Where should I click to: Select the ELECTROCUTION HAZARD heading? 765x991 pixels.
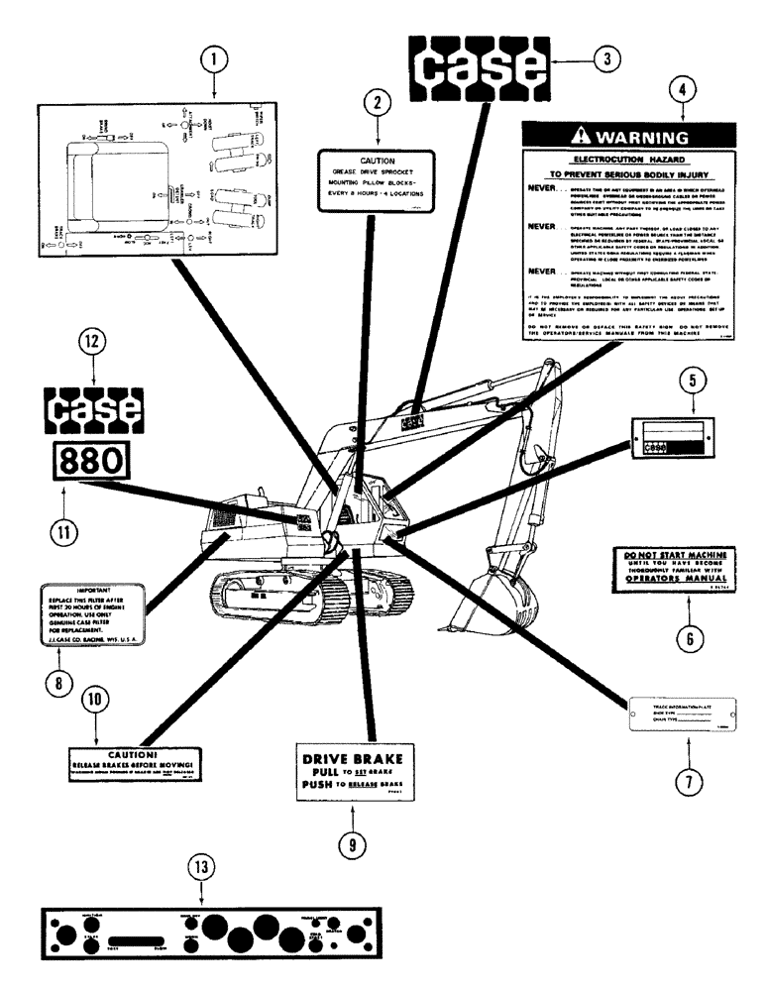pyautogui.click(x=629, y=158)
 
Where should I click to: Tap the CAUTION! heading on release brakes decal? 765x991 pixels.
pyautogui.click(x=137, y=751)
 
